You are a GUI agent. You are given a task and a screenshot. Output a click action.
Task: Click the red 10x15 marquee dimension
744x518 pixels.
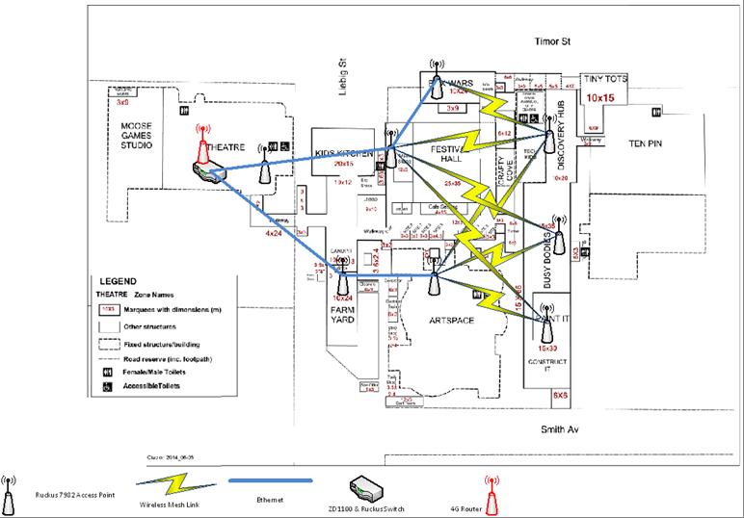600,97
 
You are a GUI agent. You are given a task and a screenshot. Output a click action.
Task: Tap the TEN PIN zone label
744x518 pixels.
651,142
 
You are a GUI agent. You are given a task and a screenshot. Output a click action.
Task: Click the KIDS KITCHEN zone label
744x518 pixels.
345,154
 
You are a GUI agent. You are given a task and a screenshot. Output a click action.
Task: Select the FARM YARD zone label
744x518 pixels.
345,319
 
